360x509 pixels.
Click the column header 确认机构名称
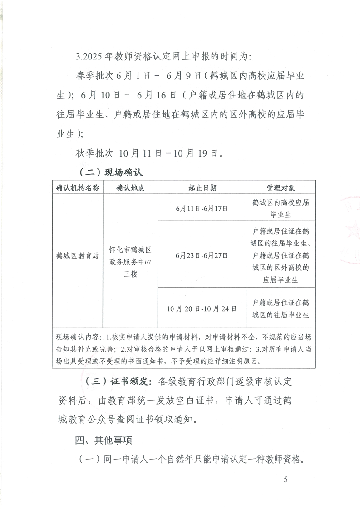point(77,188)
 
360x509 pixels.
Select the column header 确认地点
point(130,188)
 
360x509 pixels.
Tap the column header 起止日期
point(202,188)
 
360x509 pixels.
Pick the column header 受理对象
point(281,188)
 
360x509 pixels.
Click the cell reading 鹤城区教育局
point(77,255)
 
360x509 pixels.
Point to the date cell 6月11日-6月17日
point(202,208)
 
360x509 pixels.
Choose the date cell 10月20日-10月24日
point(202,308)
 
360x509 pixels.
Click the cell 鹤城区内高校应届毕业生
point(281,208)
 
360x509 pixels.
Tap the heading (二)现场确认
point(111,172)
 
